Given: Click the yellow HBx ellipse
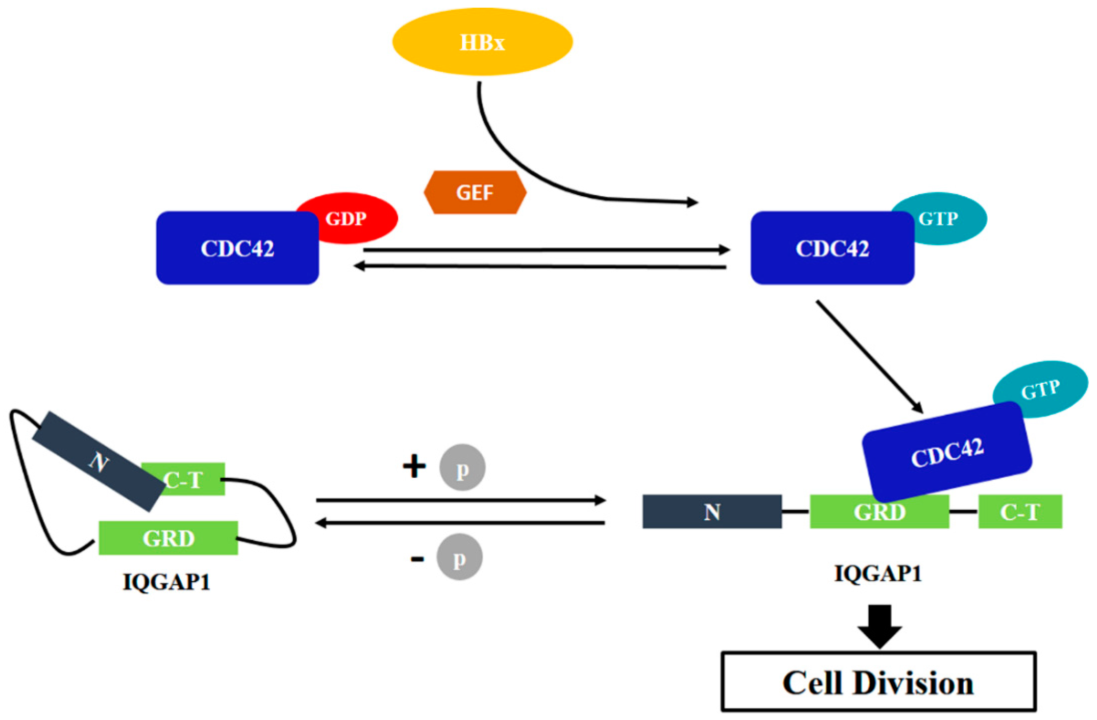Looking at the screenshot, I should (x=482, y=42).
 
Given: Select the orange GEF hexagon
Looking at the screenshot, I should (x=475, y=193).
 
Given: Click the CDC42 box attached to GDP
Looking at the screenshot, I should (x=237, y=248).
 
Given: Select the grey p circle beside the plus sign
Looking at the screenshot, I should (x=462, y=468).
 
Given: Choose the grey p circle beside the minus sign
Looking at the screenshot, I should (x=459, y=557).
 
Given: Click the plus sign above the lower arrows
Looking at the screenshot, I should (x=414, y=466).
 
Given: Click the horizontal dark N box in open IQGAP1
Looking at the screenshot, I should (x=712, y=512).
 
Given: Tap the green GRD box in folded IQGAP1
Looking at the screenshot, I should (x=168, y=538).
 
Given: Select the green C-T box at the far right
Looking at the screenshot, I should (x=1020, y=512).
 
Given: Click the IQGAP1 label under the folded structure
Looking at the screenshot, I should (x=166, y=582).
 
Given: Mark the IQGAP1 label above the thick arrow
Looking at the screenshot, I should (x=878, y=573).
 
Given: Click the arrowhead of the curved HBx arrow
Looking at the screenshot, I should (x=693, y=202).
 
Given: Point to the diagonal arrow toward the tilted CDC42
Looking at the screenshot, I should (x=868, y=356).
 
